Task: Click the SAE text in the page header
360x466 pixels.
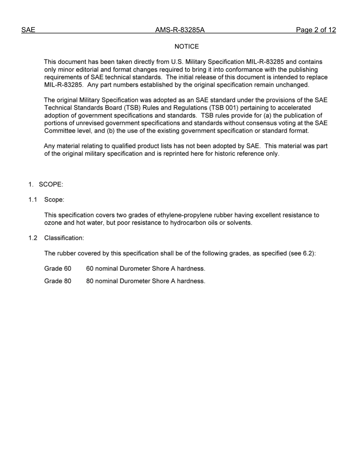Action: point(28,30)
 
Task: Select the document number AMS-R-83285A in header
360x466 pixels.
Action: point(180,30)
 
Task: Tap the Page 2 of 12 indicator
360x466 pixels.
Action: point(316,30)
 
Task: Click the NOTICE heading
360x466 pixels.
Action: point(186,47)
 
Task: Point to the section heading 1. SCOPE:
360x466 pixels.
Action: point(46,185)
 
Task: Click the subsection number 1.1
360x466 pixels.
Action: point(33,200)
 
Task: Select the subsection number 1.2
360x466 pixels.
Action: point(33,238)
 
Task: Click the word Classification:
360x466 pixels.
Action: point(64,238)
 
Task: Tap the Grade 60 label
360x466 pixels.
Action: point(58,269)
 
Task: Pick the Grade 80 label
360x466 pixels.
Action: point(58,281)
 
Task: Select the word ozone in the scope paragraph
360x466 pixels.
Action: point(53,223)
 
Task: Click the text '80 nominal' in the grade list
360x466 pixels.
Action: point(102,281)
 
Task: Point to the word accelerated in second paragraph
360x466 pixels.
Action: point(292,108)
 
